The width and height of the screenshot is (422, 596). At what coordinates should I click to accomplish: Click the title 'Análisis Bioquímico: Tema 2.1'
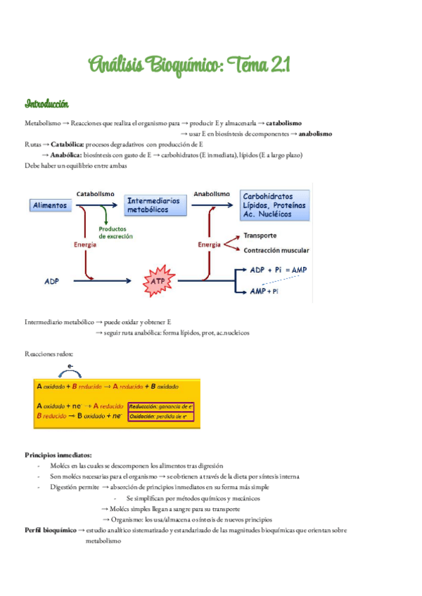[x=189, y=66]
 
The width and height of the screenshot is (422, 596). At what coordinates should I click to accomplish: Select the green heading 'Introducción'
[x=46, y=104]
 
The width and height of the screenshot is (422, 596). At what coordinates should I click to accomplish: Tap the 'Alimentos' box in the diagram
[x=50, y=205]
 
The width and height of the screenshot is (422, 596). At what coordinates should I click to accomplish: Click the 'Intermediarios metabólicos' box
[x=153, y=205]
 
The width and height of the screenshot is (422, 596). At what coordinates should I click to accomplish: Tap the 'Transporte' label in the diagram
[x=260, y=235]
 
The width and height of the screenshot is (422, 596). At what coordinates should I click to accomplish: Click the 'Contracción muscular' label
[x=276, y=250]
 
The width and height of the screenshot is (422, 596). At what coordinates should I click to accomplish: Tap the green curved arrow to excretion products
[x=104, y=214]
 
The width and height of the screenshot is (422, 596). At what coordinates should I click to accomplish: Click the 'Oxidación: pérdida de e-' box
[x=158, y=416]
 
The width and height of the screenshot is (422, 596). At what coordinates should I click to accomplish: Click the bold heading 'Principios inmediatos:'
[x=58, y=455]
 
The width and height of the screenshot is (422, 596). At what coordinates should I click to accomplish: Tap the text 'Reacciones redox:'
[x=49, y=354]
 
